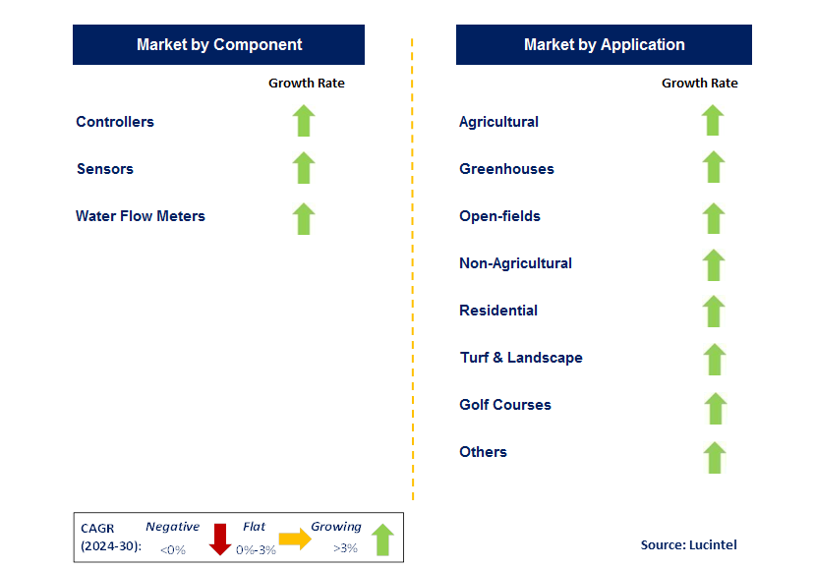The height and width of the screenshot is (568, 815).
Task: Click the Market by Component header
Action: click(218, 45)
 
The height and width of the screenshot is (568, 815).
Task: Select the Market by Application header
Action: click(604, 45)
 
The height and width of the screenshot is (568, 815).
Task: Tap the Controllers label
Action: click(115, 122)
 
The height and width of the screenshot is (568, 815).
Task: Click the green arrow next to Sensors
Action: click(304, 168)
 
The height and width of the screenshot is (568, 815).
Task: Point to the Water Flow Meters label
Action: click(141, 216)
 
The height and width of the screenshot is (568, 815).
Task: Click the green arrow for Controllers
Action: click(304, 121)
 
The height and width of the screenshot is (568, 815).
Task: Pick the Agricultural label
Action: click(498, 122)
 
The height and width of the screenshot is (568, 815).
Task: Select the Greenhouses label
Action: click(506, 169)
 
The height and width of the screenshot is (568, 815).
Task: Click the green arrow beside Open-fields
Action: click(714, 217)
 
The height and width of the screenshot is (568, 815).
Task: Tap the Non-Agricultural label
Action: click(515, 263)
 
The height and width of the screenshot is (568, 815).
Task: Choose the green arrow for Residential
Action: click(714, 312)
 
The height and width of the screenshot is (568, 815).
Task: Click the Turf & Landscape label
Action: click(521, 358)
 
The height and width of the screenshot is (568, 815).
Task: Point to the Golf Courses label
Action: click(505, 405)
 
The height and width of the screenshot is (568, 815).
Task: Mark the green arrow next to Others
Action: click(715, 457)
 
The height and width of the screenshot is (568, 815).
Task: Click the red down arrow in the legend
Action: click(220, 540)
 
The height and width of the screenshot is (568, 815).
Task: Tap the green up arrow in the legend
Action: click(382, 540)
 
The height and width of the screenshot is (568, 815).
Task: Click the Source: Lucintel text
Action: click(688, 544)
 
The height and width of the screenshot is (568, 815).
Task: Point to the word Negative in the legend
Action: click(172, 527)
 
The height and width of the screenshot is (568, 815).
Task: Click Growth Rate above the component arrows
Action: click(307, 84)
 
